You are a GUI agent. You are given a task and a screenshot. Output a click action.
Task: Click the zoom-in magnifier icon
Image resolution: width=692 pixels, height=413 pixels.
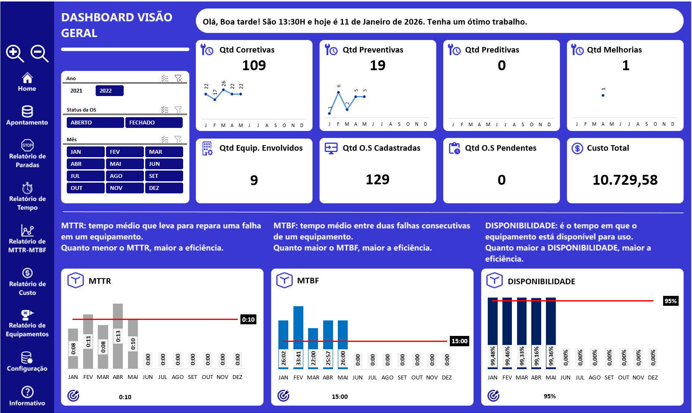[15, 53]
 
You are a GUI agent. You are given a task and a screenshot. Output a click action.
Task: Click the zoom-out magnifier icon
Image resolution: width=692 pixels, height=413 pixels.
[39, 53]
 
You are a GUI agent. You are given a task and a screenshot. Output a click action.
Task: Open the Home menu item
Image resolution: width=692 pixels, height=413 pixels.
[27, 82]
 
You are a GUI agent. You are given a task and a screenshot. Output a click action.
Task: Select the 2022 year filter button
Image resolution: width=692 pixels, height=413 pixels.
[109, 90]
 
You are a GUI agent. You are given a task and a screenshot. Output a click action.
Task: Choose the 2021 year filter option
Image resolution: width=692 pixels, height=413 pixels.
[77, 90]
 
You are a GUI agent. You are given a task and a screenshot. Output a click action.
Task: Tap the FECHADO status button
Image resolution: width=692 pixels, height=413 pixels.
[154, 123]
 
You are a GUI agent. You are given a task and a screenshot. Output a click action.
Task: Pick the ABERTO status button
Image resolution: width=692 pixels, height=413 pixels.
[95, 123]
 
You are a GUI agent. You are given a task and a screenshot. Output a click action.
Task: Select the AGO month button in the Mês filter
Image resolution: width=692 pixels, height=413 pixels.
[125, 176]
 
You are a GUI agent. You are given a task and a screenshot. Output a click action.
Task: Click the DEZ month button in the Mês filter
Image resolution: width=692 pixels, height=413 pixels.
[164, 188]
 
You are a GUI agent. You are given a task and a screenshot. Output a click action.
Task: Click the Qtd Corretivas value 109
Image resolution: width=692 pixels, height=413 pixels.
[254, 65]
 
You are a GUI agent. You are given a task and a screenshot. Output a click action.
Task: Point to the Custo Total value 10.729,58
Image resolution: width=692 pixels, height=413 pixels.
[625, 180]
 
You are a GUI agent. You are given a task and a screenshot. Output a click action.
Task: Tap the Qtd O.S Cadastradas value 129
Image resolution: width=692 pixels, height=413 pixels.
[377, 180]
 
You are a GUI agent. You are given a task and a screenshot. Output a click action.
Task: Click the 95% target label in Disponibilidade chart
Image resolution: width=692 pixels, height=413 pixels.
[670, 301]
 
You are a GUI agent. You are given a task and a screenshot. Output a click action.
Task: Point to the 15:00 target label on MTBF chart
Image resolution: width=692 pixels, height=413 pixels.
[459, 341]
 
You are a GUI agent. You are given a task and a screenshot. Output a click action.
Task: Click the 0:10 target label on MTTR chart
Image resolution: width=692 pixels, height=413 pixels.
[248, 320]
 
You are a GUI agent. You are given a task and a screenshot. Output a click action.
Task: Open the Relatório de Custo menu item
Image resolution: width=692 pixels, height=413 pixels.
[27, 282]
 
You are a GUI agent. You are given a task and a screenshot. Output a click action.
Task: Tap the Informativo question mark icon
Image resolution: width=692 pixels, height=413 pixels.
[27, 392]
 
